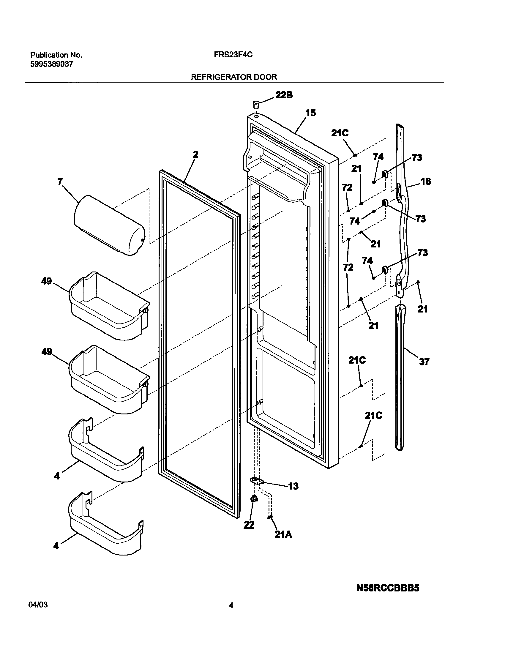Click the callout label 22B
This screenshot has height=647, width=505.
point(284,95)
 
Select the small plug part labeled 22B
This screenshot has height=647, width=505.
point(255,104)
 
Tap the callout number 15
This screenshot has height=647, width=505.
point(311,113)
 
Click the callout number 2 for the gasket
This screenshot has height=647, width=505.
point(195,154)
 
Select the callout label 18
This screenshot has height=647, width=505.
point(426,181)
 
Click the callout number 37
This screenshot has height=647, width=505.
point(424,362)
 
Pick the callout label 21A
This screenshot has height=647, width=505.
point(283,534)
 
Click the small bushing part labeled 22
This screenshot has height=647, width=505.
point(254,499)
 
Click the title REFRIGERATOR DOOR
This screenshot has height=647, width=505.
point(234,77)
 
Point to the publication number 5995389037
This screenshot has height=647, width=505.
point(51,64)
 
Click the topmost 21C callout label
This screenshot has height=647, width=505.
point(340,133)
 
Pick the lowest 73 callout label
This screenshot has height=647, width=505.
point(422,253)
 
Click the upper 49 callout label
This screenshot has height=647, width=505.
point(46,281)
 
